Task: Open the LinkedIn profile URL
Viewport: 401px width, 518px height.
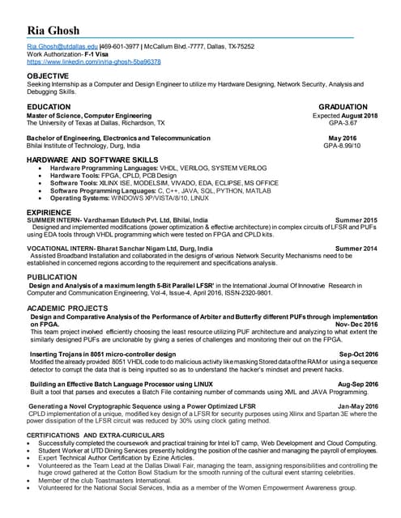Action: (93, 62)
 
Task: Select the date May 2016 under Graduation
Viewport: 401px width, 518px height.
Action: (361, 138)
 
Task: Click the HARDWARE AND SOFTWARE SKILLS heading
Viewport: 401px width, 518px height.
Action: (92, 161)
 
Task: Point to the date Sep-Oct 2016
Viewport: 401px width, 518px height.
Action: (358, 354)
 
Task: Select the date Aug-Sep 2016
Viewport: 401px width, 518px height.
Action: (357, 384)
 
